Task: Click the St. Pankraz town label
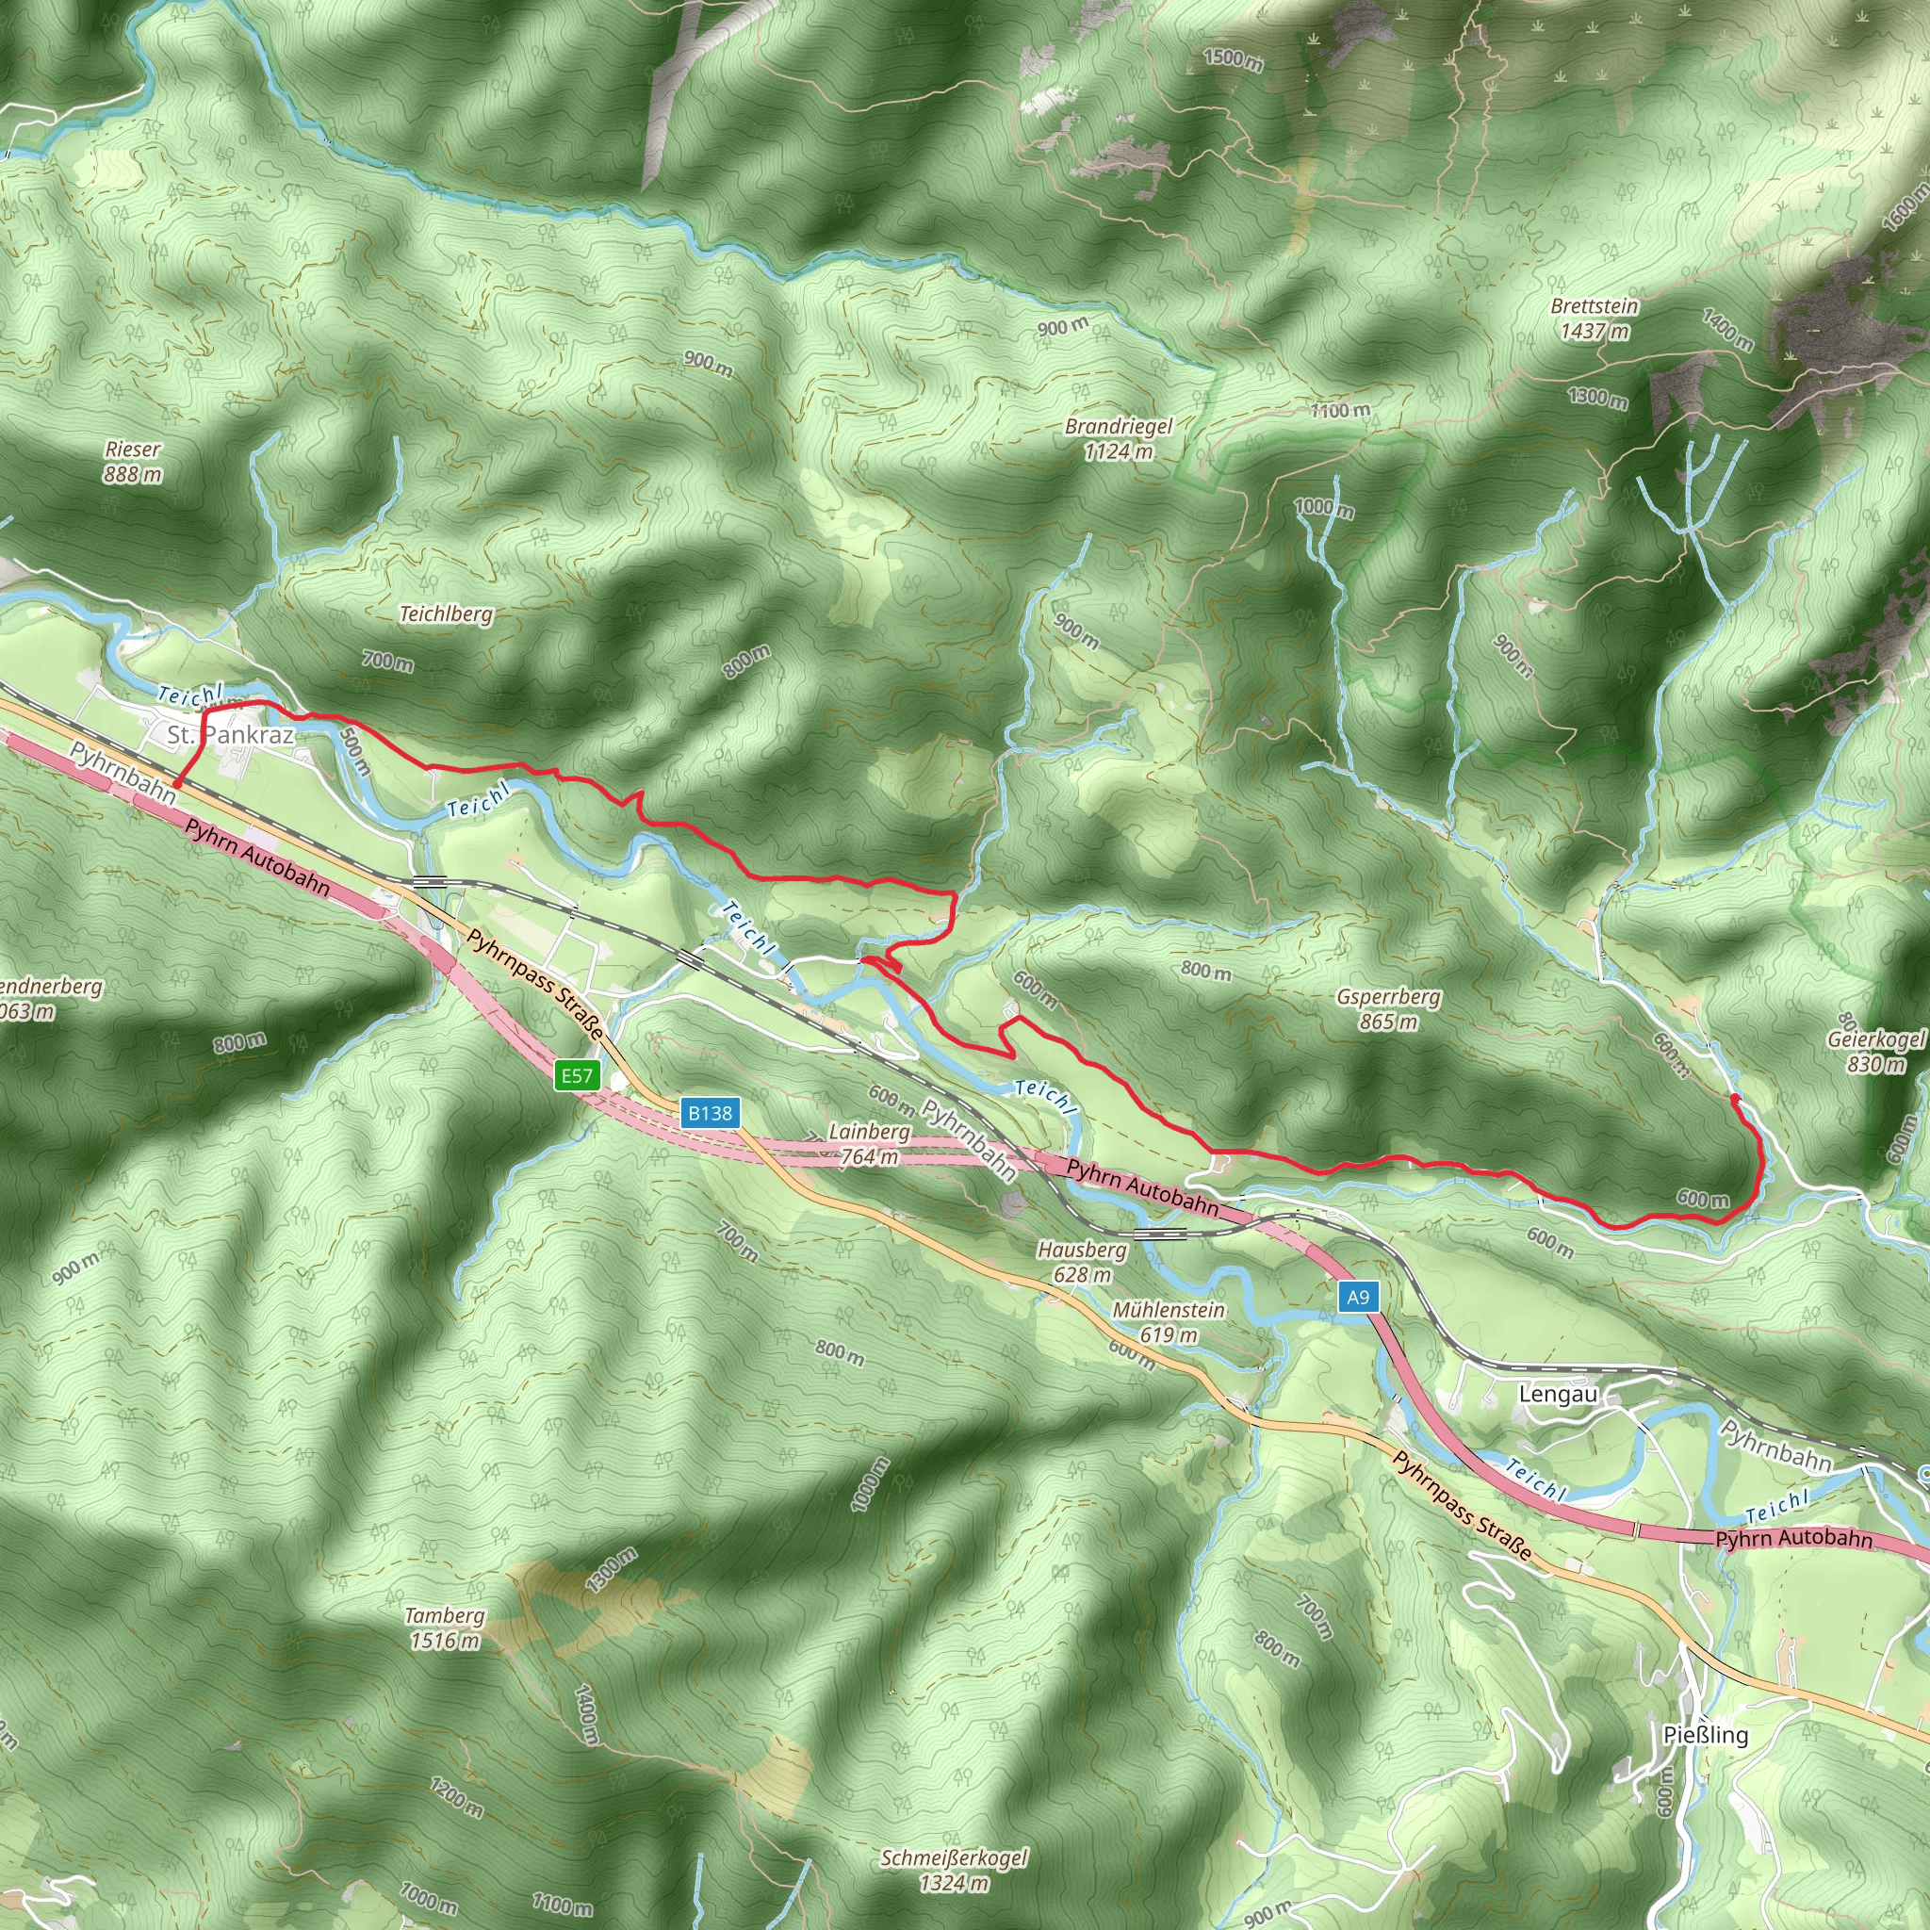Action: click(231, 735)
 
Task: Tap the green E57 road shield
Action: click(577, 1076)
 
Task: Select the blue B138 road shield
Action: click(710, 1113)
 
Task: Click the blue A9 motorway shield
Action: click(1358, 1297)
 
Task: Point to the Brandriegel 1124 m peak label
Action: click(1119, 438)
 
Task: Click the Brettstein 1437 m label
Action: click(1595, 319)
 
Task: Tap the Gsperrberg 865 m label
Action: click(1388, 1009)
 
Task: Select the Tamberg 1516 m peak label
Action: click(445, 1628)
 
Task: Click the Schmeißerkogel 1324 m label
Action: click(953, 1870)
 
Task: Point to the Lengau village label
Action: click(1558, 1394)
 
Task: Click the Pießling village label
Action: click(1705, 1735)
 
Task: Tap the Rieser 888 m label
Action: click(132, 462)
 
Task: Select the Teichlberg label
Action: click(446, 613)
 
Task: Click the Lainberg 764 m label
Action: click(869, 1144)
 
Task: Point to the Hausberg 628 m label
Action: click(1082, 1262)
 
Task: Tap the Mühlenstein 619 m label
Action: click(1168, 1321)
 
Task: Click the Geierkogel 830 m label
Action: click(1875, 1051)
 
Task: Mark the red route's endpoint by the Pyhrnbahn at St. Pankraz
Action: click(176, 785)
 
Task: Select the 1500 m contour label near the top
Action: click(1234, 59)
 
